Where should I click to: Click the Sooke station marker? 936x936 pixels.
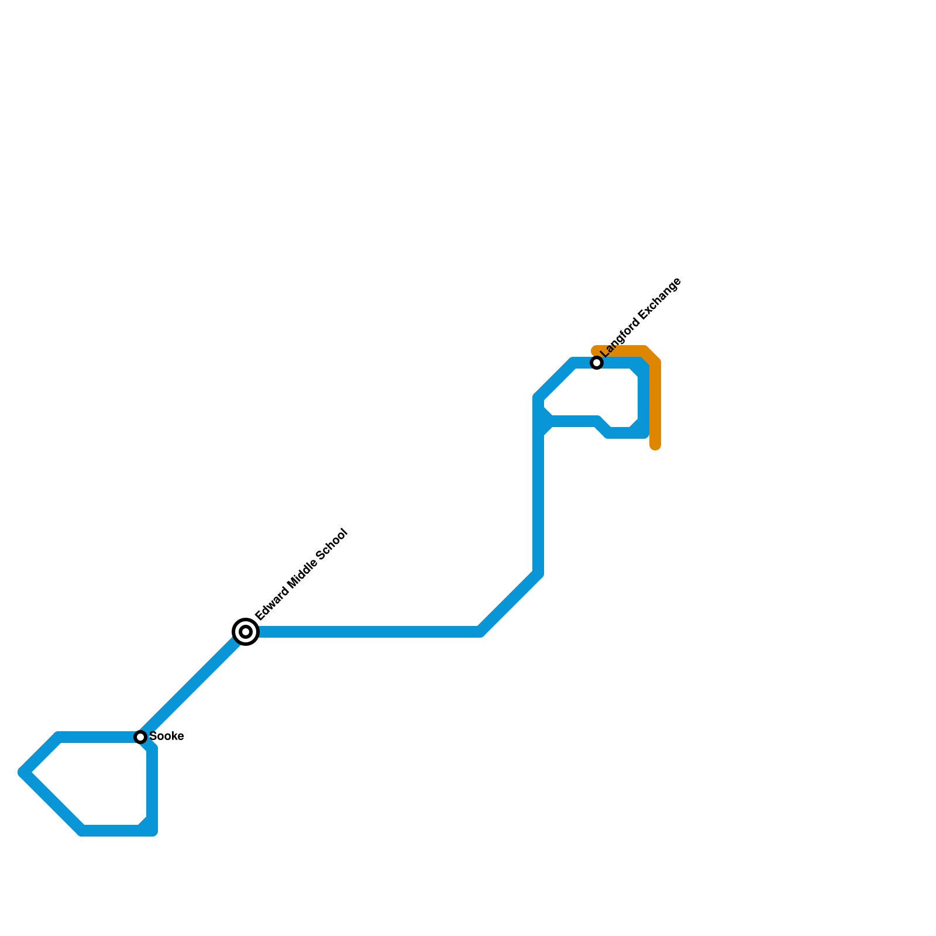click(x=140, y=737)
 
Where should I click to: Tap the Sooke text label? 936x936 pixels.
click(x=167, y=737)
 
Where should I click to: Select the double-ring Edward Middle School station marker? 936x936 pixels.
click(x=246, y=632)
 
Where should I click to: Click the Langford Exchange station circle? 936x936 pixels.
click(x=597, y=363)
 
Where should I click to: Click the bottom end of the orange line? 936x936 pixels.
click(x=656, y=446)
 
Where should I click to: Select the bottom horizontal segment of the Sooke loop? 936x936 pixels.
click(x=111, y=831)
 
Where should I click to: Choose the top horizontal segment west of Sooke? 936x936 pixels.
click(x=97, y=737)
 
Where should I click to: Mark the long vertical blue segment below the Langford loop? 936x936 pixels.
click(x=538, y=503)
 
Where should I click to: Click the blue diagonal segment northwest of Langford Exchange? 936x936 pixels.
click(x=555, y=380)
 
